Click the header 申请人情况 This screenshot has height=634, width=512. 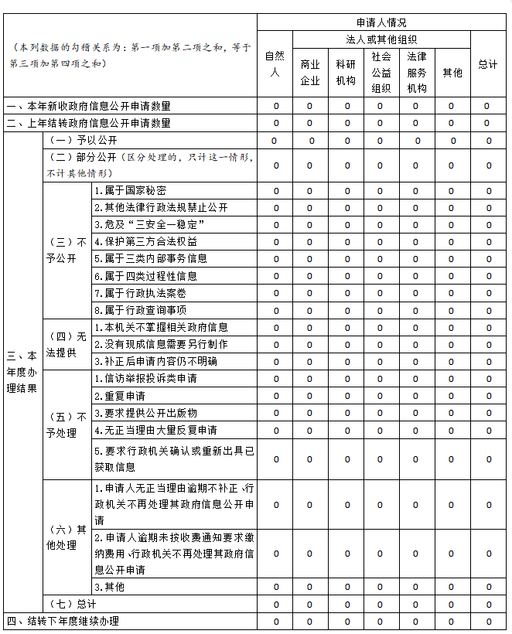coord(381,22)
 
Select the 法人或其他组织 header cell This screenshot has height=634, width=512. coord(381,39)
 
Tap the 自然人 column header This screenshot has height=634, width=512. coord(275,64)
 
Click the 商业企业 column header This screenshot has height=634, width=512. coord(310,73)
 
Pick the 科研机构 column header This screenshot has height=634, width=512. coord(346,73)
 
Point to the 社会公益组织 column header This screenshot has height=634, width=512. coord(381,72)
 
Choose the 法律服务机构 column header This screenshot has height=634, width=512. coord(416,72)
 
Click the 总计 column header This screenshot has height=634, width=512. coord(487,64)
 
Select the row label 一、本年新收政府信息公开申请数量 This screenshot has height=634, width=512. coord(88,106)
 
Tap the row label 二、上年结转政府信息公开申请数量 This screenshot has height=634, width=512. coord(88,123)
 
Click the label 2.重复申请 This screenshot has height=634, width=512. coord(114,396)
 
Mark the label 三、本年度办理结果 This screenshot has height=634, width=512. coord(22,372)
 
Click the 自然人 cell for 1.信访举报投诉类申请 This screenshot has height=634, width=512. coord(275,379)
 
